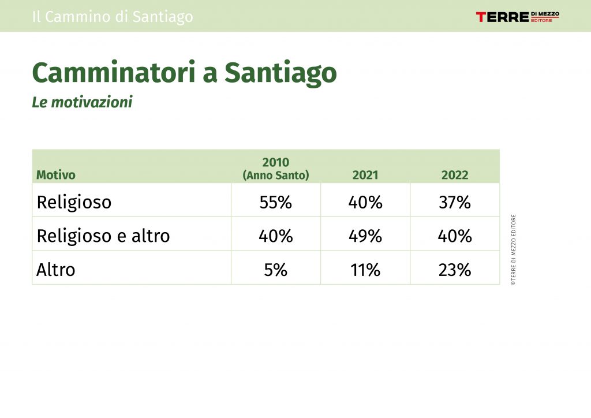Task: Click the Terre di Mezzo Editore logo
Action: point(518,17)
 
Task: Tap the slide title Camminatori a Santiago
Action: point(184,72)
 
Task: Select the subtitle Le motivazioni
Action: point(82,102)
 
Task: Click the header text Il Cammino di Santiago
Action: point(113,17)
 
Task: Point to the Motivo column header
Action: point(56,175)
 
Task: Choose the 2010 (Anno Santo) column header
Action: point(276,169)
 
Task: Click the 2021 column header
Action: point(365,175)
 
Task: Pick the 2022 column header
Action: point(455,175)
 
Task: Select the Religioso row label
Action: point(74,203)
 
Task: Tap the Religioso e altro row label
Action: point(103,236)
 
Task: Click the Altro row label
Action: point(56,270)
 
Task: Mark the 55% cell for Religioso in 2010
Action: point(275,203)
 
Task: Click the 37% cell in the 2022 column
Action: point(455,203)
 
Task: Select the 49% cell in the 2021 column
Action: point(365,236)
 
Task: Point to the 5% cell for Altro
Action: point(275,270)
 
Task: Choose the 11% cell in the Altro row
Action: point(365,270)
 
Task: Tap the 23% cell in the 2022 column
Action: point(455,270)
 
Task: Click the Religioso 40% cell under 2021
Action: point(365,203)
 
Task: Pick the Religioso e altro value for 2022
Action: point(455,236)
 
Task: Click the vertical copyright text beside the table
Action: point(513,250)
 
